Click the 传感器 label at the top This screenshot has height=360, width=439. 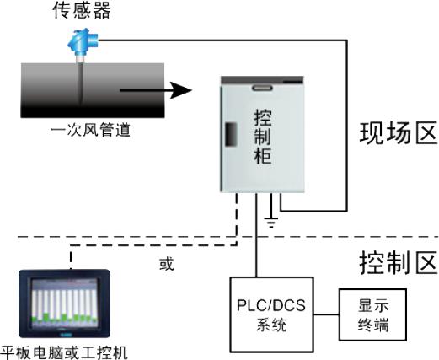coord(82,11)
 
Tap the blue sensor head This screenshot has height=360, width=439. coord(83,41)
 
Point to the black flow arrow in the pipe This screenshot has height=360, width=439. coord(156,90)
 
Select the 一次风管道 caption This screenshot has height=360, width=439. coord(91,131)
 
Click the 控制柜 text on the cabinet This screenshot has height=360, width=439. coord(263,137)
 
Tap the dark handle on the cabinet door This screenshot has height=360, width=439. coord(231,134)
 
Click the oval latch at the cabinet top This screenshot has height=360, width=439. coord(262,88)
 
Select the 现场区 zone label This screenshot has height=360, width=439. coord(399,133)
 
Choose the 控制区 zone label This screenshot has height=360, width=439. coord(399,263)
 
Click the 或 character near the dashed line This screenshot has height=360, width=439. coord(167,264)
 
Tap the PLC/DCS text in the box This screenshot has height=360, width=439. coord(271,305)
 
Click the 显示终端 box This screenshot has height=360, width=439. coord(373,314)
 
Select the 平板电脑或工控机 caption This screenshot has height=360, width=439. coord(64,352)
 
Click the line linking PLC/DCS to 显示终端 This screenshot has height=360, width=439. coord(326,314)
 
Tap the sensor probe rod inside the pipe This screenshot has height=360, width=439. coord(81,83)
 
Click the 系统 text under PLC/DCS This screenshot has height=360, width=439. coord(271,325)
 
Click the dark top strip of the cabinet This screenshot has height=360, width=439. coord(262,80)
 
